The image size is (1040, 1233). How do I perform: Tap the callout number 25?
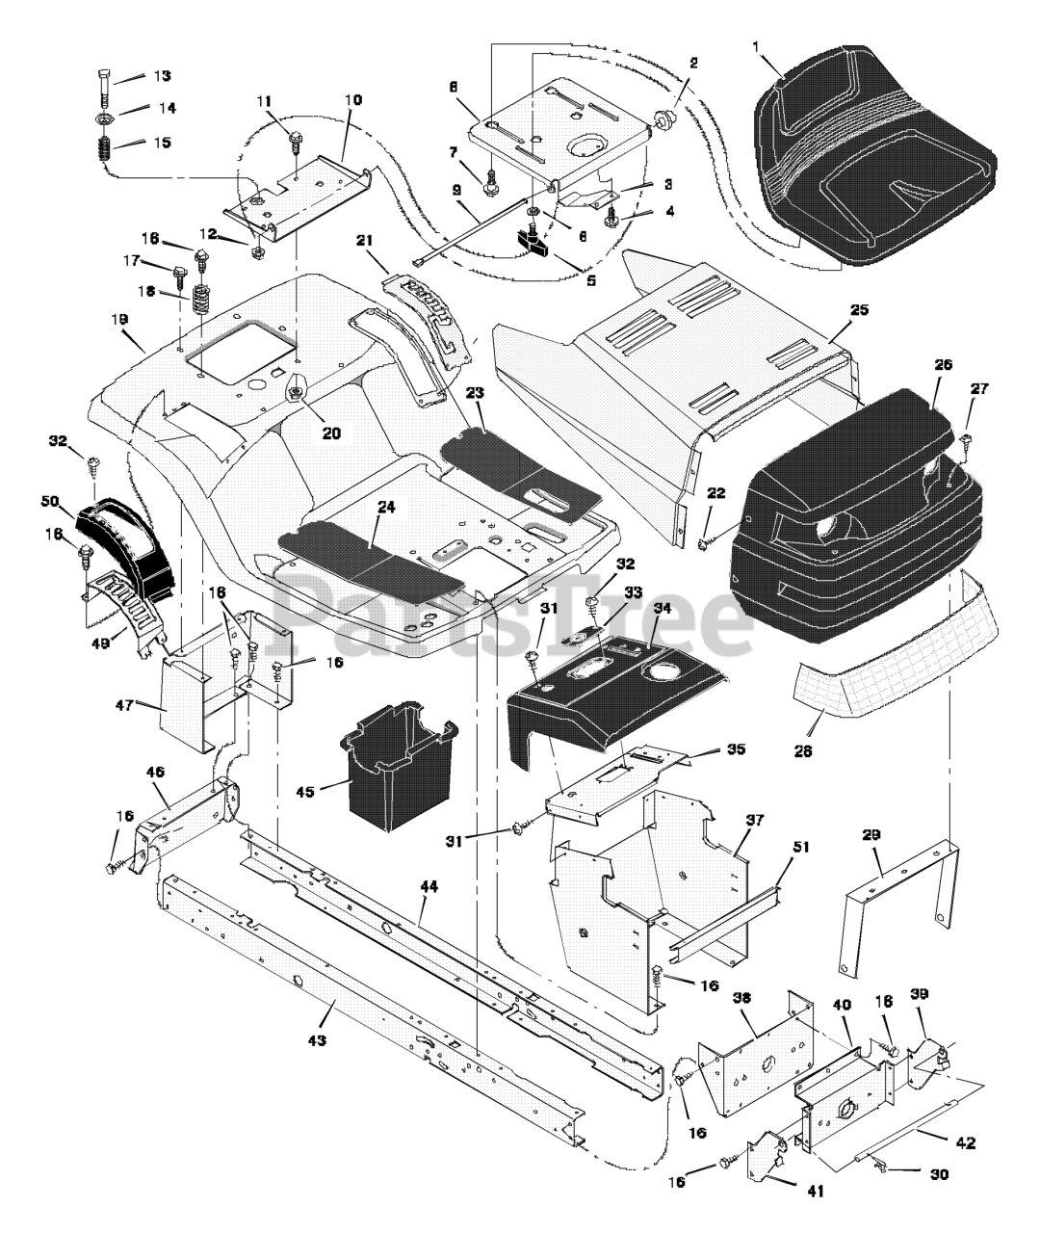pos(859,310)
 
